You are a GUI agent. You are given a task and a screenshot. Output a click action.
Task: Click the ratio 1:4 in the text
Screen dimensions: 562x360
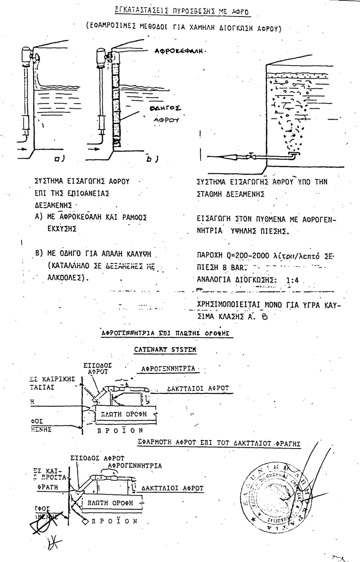pos(292,281)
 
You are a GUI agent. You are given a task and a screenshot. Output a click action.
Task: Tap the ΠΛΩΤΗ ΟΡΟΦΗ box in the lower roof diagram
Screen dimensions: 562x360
pos(111,503)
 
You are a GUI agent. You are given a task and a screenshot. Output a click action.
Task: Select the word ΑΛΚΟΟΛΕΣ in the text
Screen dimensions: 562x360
pos(64,278)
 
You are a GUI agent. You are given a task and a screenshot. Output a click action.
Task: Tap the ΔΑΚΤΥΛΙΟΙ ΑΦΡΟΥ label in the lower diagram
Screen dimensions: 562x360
pos(172,488)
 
